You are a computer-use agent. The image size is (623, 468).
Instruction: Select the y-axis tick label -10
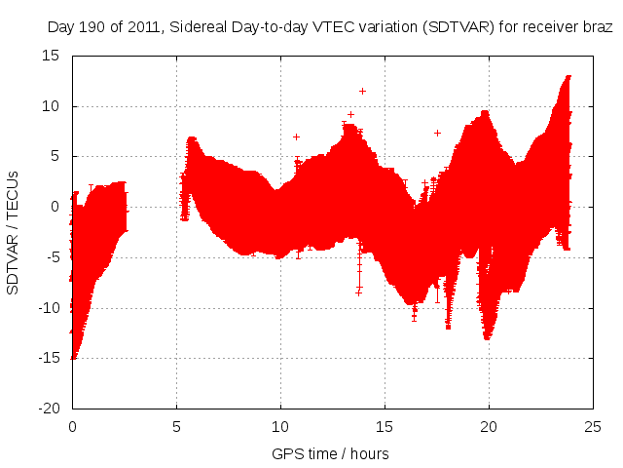pyautogui.click(x=48, y=307)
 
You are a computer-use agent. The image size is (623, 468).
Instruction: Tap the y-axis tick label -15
pyautogui.click(x=48, y=357)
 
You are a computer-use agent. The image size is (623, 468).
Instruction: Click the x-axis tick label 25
pyautogui.click(x=594, y=427)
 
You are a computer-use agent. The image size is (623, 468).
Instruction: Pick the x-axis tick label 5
pyautogui.click(x=176, y=427)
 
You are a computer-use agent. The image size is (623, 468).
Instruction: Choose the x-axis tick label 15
pyautogui.click(x=385, y=427)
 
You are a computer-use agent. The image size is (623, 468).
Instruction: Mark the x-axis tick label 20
pyautogui.click(x=490, y=427)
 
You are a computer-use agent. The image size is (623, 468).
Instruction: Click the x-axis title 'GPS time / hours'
pyautogui.click(x=331, y=453)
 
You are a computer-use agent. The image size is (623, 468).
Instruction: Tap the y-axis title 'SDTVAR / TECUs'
pyautogui.click(x=14, y=231)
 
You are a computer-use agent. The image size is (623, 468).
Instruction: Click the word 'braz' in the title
pyautogui.click(x=598, y=28)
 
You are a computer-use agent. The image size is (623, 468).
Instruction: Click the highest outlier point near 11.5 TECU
pyautogui.click(x=362, y=91)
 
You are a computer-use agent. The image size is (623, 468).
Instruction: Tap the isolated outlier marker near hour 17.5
pyautogui.click(x=437, y=133)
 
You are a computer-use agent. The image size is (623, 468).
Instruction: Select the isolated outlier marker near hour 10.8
pyautogui.click(x=296, y=136)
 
